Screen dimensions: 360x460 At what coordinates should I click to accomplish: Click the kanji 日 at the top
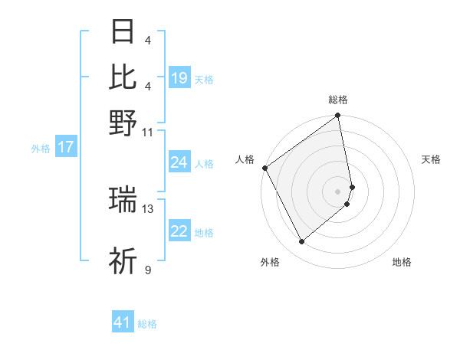123,33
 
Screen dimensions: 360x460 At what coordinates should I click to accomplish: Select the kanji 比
123,77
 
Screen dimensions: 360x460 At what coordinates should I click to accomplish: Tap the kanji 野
123,123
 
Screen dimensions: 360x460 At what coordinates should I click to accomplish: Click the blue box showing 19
179,78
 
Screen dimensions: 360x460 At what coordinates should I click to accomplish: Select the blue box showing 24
179,162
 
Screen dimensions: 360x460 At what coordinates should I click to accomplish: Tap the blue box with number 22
179,232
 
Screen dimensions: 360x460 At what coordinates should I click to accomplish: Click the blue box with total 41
123,322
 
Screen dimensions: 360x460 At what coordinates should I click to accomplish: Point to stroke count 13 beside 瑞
148,208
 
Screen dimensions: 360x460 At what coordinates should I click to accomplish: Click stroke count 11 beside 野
148,132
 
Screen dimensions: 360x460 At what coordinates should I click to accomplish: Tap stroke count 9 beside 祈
147,270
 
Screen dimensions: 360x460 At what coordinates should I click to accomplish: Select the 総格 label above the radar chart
338,100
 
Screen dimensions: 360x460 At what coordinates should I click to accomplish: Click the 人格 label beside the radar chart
245,159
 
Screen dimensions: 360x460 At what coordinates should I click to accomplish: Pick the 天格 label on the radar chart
431,159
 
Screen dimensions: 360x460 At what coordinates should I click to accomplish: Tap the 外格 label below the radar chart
269,262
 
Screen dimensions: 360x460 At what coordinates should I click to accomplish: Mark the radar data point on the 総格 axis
338,116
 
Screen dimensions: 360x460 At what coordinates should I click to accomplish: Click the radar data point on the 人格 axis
264,168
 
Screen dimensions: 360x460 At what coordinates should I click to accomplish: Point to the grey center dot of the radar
338,191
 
